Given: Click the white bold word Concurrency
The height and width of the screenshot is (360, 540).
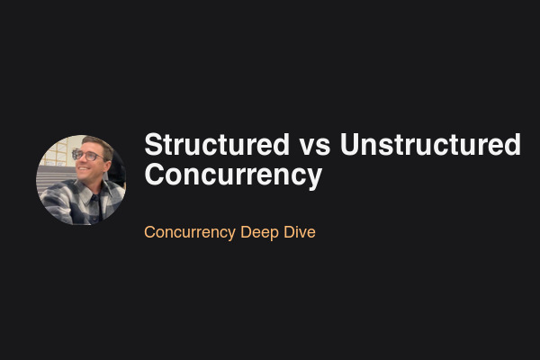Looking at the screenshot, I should pos(232,174).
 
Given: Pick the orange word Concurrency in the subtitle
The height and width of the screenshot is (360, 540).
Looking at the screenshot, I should pos(190,232).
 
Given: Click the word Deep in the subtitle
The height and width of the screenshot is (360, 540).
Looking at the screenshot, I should pos(261,232).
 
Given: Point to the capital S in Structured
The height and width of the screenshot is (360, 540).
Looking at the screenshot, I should pos(153,145).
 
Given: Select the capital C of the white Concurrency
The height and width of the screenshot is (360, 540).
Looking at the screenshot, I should pos(154,174).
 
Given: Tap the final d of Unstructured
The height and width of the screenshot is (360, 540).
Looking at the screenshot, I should pos(512,145).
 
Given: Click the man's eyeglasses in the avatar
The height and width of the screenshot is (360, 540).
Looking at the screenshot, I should pos(88,156).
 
